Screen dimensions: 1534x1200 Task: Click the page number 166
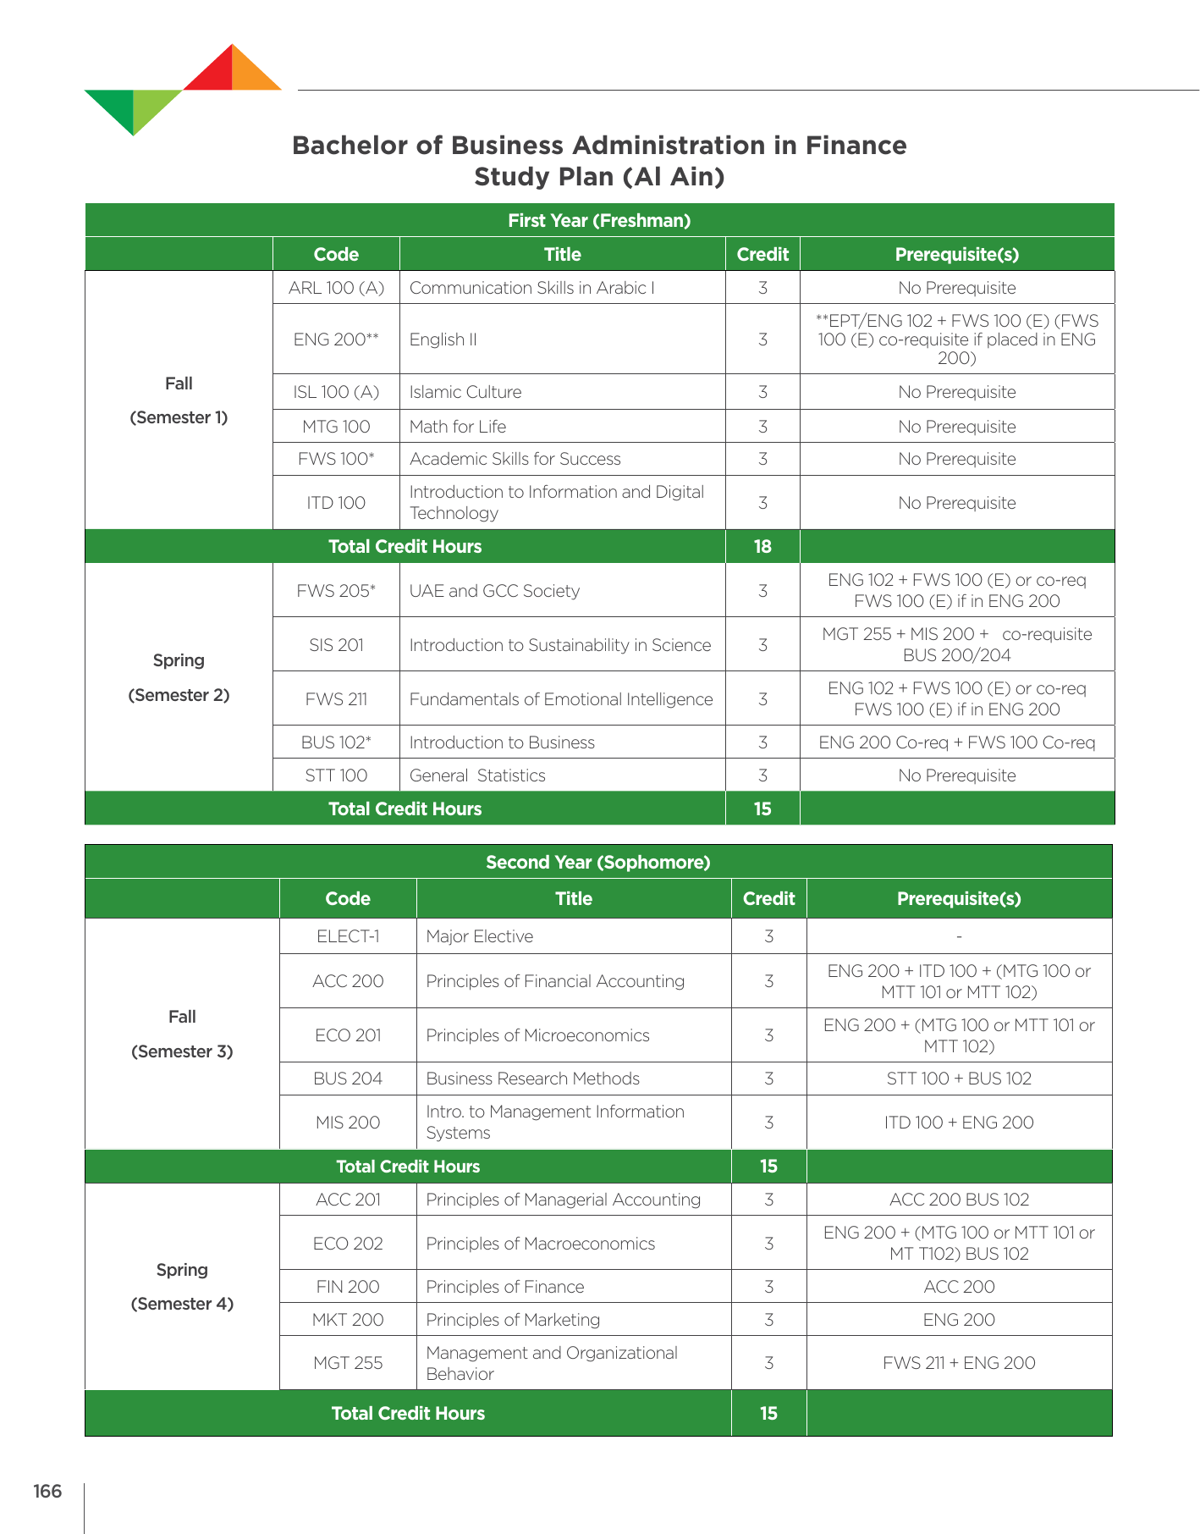(x=47, y=1491)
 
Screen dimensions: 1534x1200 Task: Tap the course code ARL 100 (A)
(x=336, y=288)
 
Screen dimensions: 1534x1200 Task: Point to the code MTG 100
(x=336, y=427)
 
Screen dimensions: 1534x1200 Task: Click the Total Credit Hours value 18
(x=762, y=547)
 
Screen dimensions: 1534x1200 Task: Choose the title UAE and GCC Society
(x=494, y=591)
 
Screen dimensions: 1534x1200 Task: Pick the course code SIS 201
(x=336, y=645)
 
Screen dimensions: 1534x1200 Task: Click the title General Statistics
(x=477, y=775)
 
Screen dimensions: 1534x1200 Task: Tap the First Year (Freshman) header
(x=599, y=221)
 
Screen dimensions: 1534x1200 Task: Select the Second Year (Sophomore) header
(x=597, y=863)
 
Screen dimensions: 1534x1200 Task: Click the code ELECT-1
(x=348, y=936)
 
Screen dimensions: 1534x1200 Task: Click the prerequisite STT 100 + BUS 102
(x=959, y=1079)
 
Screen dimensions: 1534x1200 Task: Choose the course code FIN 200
(x=348, y=1287)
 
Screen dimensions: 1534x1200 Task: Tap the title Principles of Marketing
(x=513, y=1320)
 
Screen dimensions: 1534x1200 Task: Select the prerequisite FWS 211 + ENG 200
(x=959, y=1363)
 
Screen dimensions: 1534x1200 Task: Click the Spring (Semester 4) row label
(x=182, y=1287)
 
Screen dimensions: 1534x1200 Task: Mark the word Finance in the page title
(x=856, y=146)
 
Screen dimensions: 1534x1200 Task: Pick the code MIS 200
(x=348, y=1123)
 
